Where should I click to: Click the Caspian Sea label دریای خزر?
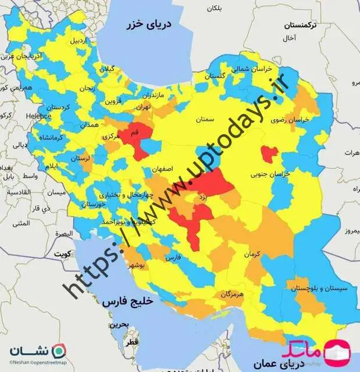(x=151, y=25)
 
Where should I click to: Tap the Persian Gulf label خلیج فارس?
(x=126, y=303)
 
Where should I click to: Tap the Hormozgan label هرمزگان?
(x=231, y=295)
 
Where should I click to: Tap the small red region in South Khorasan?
(x=269, y=153)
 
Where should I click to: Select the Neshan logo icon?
(x=58, y=352)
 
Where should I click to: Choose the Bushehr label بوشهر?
(x=143, y=265)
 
